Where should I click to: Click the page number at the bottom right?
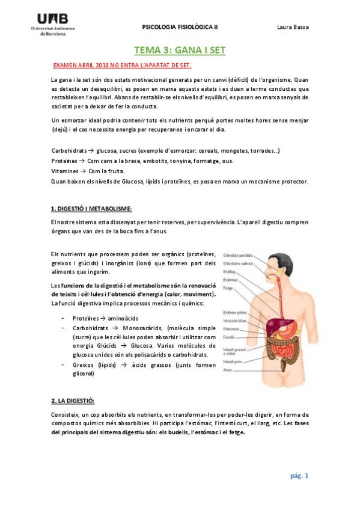[x=299, y=476]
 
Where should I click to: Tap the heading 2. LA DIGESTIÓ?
[x=73, y=401]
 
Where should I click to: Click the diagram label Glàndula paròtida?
[x=236, y=256]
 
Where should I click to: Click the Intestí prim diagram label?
[x=231, y=361]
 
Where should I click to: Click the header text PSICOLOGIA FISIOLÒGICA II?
[x=180, y=27]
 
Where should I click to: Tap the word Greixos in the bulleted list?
[x=82, y=366]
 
